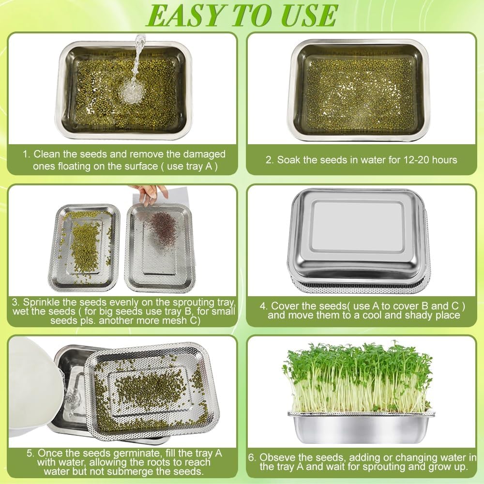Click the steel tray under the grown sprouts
[x=361, y=428]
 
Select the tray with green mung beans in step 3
[x=85, y=247]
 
